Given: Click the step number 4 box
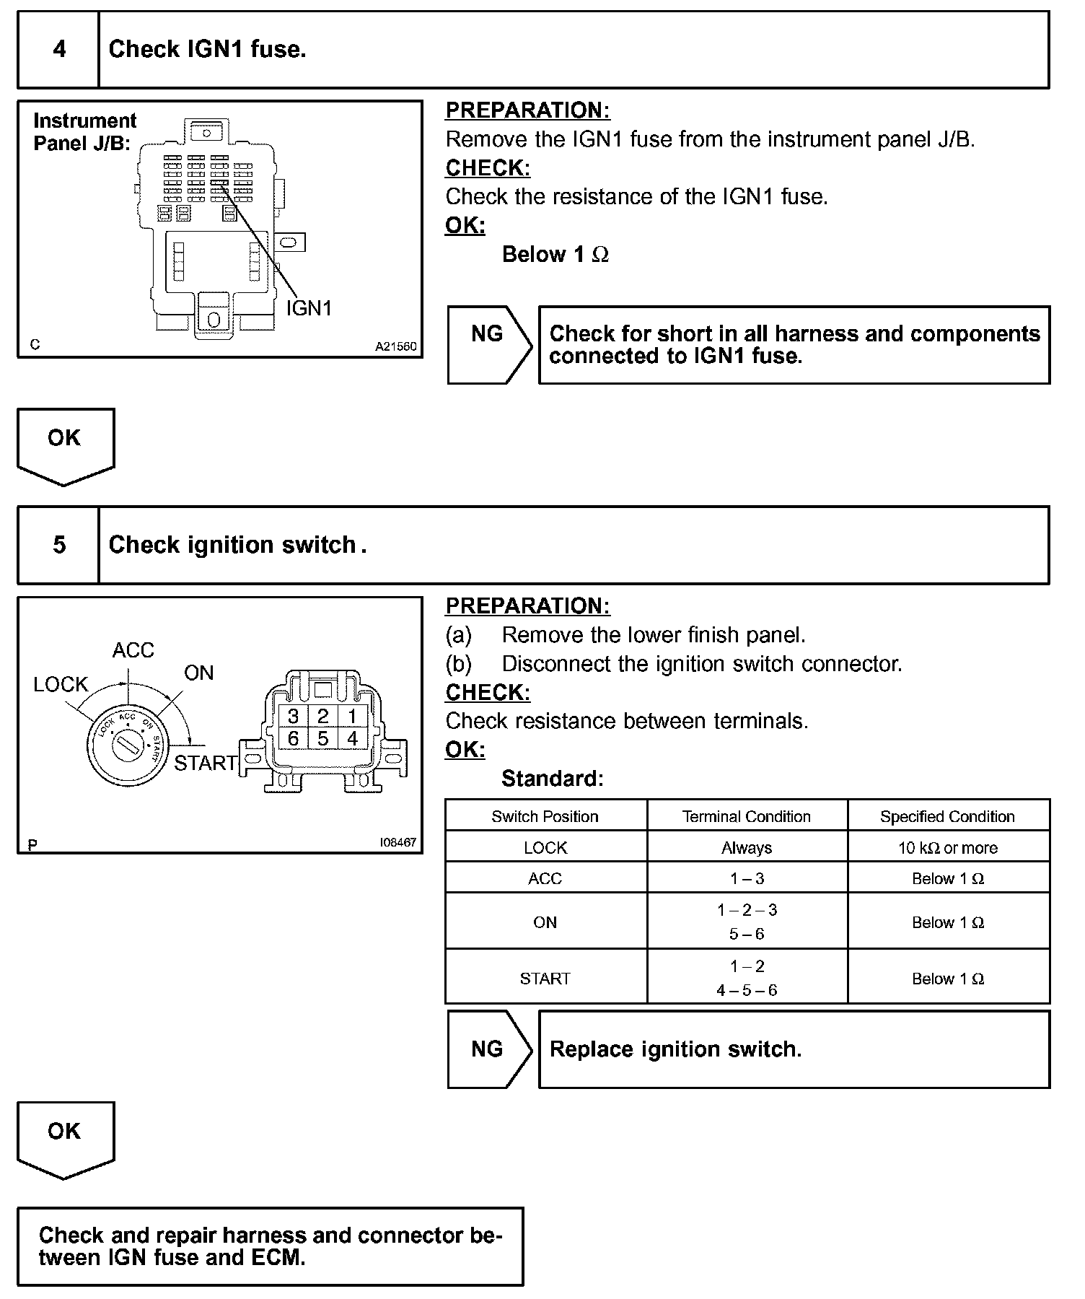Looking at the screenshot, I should click(x=58, y=49).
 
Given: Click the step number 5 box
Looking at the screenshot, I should click(x=58, y=545).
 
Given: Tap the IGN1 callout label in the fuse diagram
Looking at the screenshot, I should click(x=309, y=308).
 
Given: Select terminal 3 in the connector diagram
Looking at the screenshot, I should click(x=293, y=717).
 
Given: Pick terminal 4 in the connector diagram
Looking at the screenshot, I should click(x=352, y=739).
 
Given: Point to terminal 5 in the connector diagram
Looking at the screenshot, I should click(x=322, y=739).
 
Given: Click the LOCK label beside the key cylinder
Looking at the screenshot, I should click(x=61, y=684).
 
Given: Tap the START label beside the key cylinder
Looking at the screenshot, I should click(x=206, y=763).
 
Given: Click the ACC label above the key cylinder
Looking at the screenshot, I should click(x=133, y=650).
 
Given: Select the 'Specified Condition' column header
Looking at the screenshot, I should click(x=947, y=816).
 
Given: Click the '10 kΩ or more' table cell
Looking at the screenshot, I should click(x=947, y=848).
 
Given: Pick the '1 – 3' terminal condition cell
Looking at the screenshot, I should click(x=747, y=878).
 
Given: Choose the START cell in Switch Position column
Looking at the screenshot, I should click(x=545, y=979).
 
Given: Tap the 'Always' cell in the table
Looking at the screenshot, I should click(x=747, y=848).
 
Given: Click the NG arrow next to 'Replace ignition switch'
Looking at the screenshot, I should click(x=488, y=1049).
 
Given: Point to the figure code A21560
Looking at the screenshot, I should click(x=395, y=346).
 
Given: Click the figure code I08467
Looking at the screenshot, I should click(x=398, y=842).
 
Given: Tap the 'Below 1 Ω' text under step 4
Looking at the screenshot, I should click(x=555, y=255).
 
